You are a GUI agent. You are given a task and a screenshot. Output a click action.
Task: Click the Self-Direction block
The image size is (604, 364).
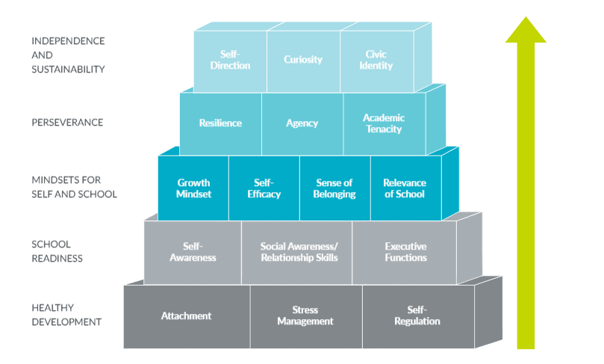[x=231, y=62]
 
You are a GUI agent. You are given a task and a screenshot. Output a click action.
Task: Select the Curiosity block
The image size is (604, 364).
[x=304, y=62]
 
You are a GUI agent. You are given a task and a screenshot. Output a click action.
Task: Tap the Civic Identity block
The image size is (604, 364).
[x=377, y=62]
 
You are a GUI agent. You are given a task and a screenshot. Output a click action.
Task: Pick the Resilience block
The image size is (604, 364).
[x=221, y=124]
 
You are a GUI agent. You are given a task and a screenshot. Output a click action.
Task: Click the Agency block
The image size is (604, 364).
[x=302, y=124]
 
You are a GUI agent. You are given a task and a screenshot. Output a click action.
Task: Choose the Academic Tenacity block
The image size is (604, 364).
[x=384, y=124]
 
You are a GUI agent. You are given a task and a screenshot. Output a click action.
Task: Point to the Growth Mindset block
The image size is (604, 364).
[x=193, y=188]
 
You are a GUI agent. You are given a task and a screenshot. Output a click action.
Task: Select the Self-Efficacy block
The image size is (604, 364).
[x=264, y=188]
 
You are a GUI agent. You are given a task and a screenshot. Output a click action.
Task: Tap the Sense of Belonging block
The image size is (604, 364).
[x=335, y=188]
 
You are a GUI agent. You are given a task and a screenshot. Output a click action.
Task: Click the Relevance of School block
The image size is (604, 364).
[x=406, y=188]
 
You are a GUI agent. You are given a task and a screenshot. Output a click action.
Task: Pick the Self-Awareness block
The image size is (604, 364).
[x=193, y=253]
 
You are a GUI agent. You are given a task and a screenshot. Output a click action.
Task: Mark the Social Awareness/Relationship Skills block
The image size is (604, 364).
[x=296, y=253]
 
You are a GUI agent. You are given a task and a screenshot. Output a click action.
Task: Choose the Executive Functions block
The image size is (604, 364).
[x=404, y=253]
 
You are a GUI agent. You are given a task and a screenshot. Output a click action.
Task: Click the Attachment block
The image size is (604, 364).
[x=187, y=317]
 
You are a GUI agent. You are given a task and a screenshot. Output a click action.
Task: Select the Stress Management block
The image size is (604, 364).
[x=306, y=317]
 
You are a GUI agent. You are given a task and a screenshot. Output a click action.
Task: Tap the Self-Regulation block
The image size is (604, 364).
[x=418, y=317]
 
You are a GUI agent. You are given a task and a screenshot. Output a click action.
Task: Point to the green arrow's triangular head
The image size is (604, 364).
[x=526, y=31]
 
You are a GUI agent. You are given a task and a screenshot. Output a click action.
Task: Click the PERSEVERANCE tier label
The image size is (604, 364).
[x=67, y=123]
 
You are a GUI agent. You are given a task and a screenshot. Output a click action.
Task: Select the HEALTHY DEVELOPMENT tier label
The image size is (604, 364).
[x=66, y=315]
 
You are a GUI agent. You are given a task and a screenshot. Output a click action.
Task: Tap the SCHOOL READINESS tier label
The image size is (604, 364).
[x=57, y=251]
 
